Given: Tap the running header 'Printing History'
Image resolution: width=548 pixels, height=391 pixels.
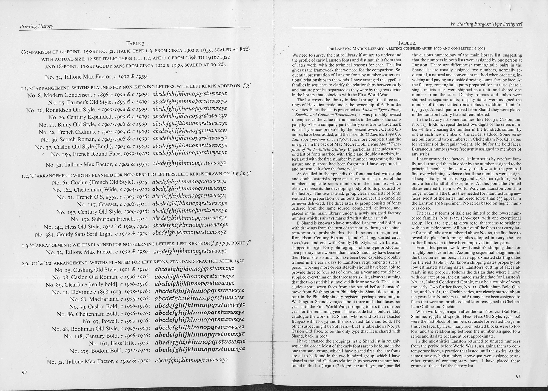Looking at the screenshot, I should pyautogui.click(x=36, y=26).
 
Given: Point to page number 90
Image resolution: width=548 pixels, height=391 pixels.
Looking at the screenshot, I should pyautogui.click(x=25, y=372).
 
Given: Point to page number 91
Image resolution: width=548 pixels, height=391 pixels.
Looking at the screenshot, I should pyautogui.click(x=518, y=376).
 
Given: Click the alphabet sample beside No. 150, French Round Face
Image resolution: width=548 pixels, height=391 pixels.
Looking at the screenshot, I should pyautogui.click(x=189, y=152).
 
